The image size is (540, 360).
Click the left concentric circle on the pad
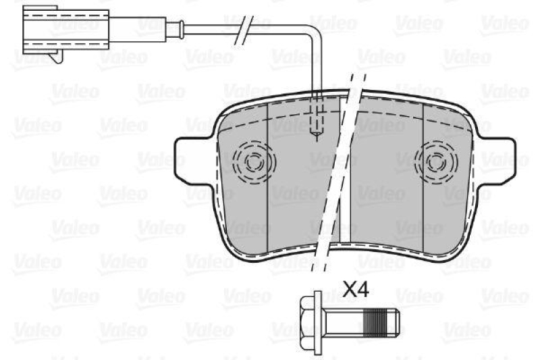pos(254,161)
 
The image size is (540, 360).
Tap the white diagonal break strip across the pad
pos(337,176)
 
